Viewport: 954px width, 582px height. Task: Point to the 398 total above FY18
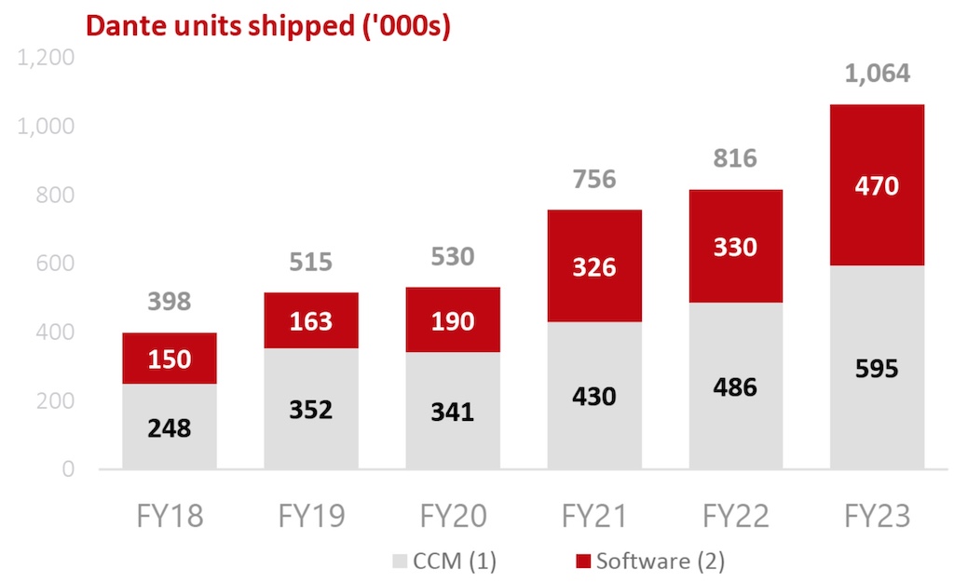170,302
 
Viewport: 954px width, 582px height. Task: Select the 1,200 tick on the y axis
47,58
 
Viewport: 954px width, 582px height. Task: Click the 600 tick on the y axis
55,264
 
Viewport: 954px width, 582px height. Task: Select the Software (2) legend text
661,561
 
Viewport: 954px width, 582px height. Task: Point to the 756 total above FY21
594,178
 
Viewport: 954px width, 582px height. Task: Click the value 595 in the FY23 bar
877,369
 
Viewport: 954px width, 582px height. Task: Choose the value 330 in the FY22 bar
736,247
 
